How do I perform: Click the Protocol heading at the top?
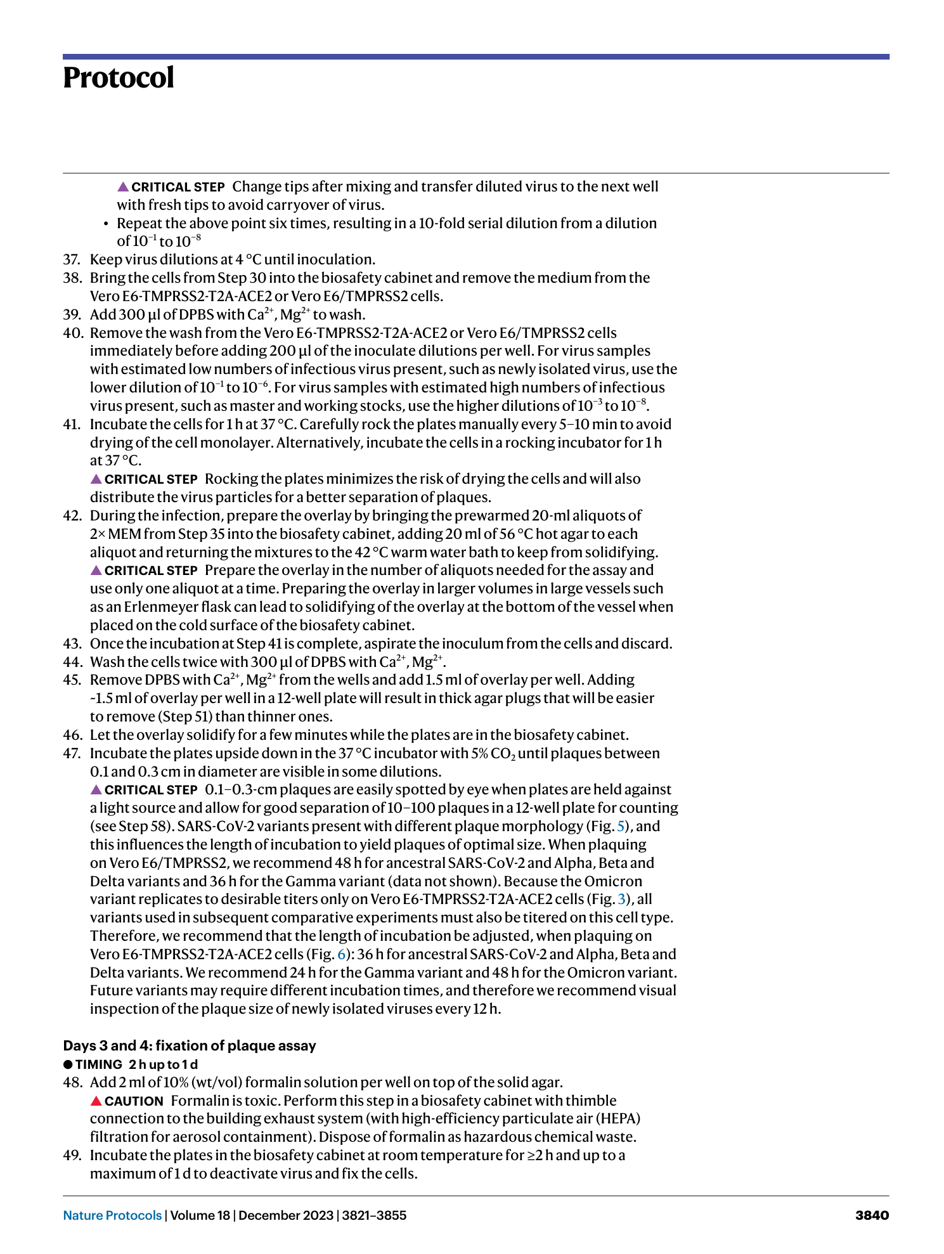[x=119, y=78]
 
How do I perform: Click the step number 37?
[x=72, y=259]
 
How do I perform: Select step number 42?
[x=72, y=515]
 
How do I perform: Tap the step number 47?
[x=72, y=753]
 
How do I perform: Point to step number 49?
[x=72, y=1155]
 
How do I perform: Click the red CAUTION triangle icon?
[x=96, y=1101]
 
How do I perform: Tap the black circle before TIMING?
[x=68, y=1064]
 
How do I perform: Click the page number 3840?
[x=872, y=1215]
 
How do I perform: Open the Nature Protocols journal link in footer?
[x=112, y=1215]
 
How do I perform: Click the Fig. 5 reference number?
[x=621, y=826]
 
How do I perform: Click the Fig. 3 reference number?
[x=621, y=899]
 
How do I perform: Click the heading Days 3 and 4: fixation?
[x=190, y=1045]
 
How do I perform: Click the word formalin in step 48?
[x=270, y=1082]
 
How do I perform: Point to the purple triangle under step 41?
[x=96, y=479]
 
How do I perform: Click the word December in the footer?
[x=269, y=1215]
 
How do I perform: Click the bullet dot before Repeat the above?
[x=106, y=223]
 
